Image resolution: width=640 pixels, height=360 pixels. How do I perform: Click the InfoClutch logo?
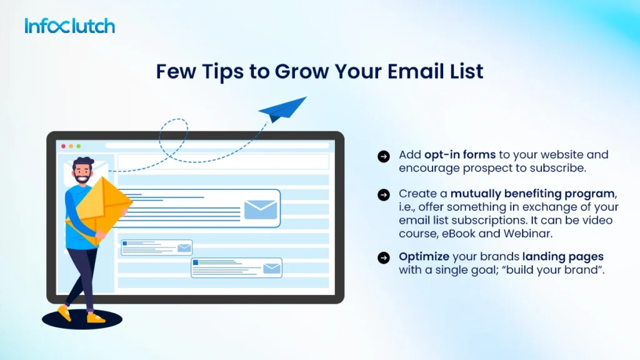(x=70, y=26)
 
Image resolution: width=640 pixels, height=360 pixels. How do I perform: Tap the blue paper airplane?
(x=282, y=109)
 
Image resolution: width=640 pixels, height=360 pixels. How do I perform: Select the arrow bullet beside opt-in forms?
(x=384, y=156)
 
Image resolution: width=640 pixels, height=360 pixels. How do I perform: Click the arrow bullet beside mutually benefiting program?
(x=384, y=195)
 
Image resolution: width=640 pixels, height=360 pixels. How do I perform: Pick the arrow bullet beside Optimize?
(x=384, y=258)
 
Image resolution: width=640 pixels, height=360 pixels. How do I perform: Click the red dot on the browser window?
(x=63, y=146)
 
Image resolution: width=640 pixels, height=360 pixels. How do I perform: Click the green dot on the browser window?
(x=77, y=146)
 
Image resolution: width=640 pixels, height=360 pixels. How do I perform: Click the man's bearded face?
(x=82, y=173)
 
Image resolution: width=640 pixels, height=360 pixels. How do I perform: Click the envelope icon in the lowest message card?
(x=271, y=269)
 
